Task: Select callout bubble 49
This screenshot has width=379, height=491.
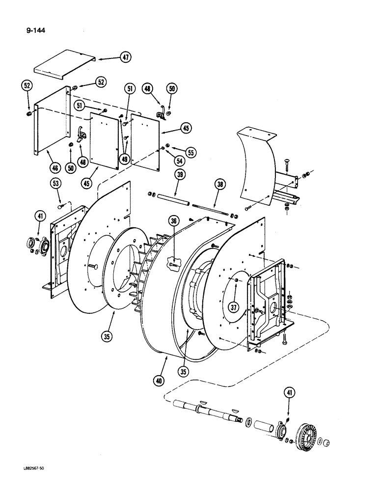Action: tap(124, 159)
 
